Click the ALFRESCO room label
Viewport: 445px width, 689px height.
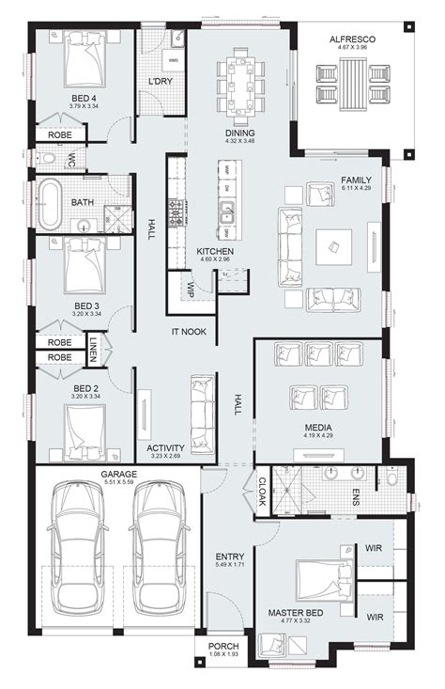click(352, 39)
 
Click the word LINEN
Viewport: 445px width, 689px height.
click(93, 350)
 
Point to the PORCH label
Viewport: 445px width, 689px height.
click(223, 647)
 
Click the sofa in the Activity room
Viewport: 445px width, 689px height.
click(202, 413)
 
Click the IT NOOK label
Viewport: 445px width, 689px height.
click(189, 332)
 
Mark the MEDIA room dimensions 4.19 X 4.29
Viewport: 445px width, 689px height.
click(317, 435)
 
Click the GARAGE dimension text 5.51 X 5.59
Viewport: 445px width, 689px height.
click(119, 483)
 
